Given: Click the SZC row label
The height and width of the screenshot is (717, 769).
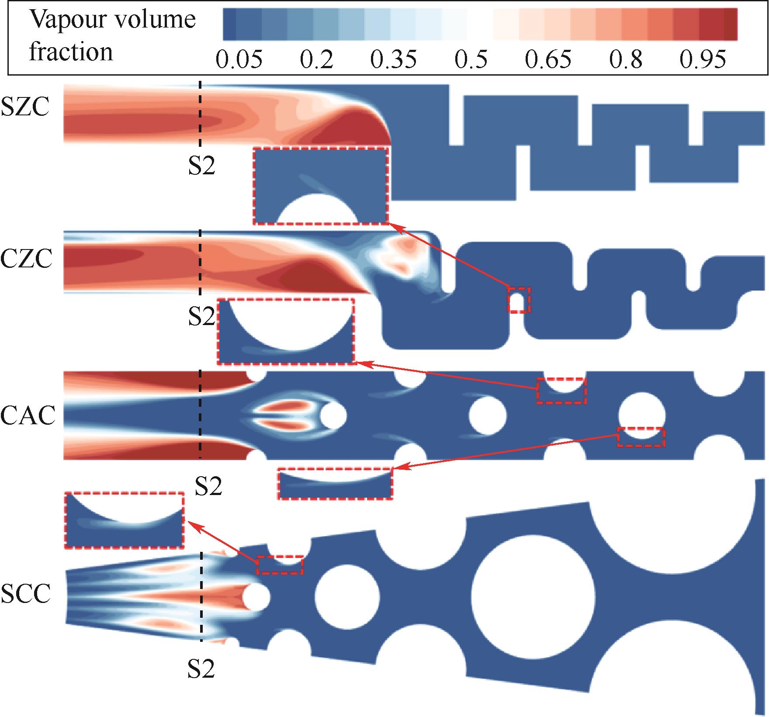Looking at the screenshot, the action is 25,107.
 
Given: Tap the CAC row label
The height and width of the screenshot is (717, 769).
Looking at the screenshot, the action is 28,416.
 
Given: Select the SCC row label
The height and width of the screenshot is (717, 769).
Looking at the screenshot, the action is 26,594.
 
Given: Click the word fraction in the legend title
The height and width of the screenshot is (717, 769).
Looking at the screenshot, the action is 71,52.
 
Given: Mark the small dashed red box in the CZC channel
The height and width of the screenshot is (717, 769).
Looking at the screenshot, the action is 519,300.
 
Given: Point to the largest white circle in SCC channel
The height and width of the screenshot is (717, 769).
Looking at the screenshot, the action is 533,596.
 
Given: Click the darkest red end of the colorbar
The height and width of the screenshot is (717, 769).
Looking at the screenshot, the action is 731,24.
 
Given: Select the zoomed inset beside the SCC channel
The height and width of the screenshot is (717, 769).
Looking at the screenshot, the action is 125,520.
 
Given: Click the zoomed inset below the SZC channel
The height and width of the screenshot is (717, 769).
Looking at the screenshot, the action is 321,186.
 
